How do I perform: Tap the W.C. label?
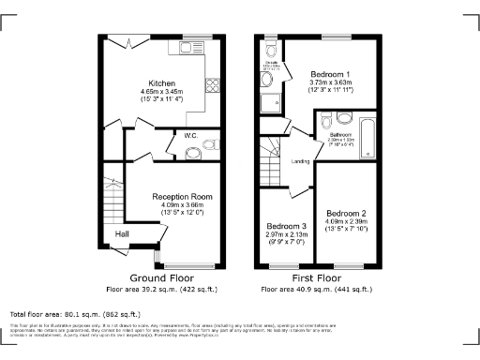tap(189, 136)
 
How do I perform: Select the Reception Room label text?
tap(182, 197)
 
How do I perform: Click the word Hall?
tap(122, 233)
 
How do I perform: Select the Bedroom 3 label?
tap(285, 227)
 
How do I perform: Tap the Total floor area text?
tap(75, 313)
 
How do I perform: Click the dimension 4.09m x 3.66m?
tap(182, 205)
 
